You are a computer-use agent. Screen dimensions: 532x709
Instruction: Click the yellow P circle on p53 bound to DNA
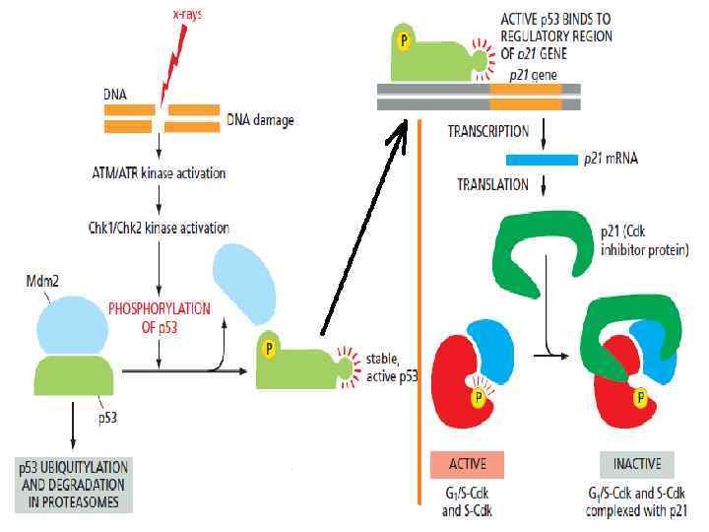tap(403, 41)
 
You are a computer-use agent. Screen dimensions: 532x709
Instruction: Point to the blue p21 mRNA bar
tap(541, 159)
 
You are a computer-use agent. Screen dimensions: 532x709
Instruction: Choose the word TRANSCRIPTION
tap(488, 131)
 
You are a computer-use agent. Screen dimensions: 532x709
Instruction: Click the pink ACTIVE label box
tap(467, 463)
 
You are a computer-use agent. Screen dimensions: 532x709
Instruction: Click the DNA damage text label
tap(260, 120)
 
